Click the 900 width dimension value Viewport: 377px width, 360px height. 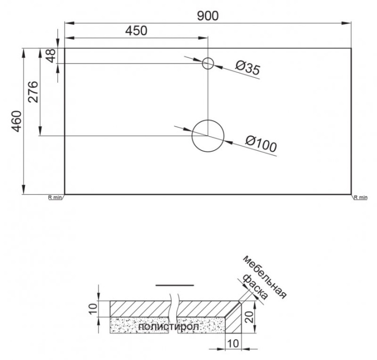[208, 15]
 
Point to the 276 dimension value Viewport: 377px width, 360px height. [32, 92]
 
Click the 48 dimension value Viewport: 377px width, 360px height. [50, 56]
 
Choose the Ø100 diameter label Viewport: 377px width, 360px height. [260, 145]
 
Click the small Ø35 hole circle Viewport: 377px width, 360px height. [208, 64]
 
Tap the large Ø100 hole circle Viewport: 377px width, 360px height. [208, 136]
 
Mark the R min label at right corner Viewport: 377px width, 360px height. [360, 197]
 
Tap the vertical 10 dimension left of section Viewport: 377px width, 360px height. [92, 309]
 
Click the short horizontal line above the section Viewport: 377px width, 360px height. [175, 286]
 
